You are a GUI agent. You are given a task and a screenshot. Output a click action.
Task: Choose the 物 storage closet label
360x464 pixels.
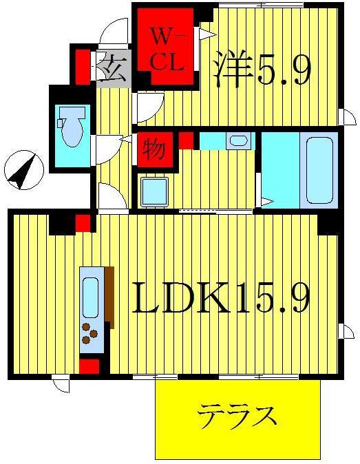tap(153, 148)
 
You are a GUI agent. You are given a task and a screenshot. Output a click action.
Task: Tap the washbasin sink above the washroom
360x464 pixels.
tap(238, 141)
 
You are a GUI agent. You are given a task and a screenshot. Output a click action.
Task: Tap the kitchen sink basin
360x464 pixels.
tap(91, 297)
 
